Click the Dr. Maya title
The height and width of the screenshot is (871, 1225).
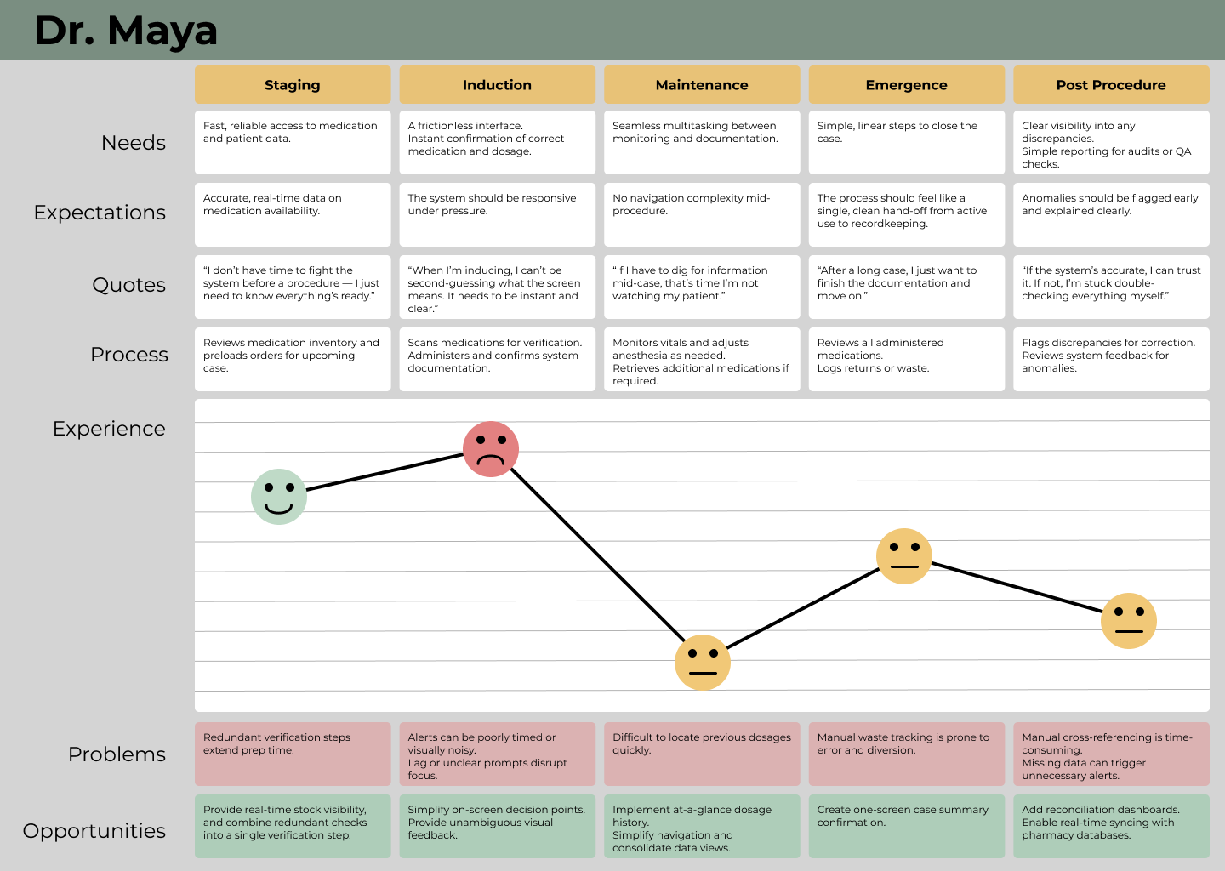[126, 31]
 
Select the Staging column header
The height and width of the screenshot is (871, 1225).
[292, 85]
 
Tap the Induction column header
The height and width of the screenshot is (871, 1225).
[497, 85]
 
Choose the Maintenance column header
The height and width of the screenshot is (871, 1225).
[702, 85]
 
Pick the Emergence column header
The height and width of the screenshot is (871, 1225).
[906, 85]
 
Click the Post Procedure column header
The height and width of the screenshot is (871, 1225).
[1111, 85]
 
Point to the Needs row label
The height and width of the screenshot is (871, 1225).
[134, 143]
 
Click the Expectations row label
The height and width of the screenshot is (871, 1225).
[100, 213]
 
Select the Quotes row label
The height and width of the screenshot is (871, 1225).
[128, 285]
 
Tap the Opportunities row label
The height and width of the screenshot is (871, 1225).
[94, 831]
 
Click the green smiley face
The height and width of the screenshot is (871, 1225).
[279, 497]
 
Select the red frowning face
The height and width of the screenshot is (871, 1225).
[491, 449]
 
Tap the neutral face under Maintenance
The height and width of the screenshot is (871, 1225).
[703, 662]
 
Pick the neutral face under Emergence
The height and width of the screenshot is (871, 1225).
[904, 556]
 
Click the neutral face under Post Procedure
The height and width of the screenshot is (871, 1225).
[1129, 621]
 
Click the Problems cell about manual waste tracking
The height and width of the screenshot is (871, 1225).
[906, 754]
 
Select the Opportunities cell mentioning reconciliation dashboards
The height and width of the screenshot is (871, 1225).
[1111, 826]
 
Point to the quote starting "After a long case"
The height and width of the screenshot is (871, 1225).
[906, 287]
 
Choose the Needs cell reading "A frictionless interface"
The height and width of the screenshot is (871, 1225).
[497, 142]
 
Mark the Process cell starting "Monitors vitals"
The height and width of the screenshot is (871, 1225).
[702, 359]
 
